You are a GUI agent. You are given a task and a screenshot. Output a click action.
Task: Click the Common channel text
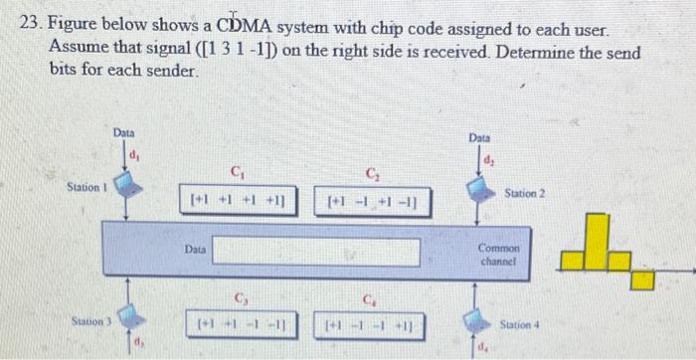[499, 254]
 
